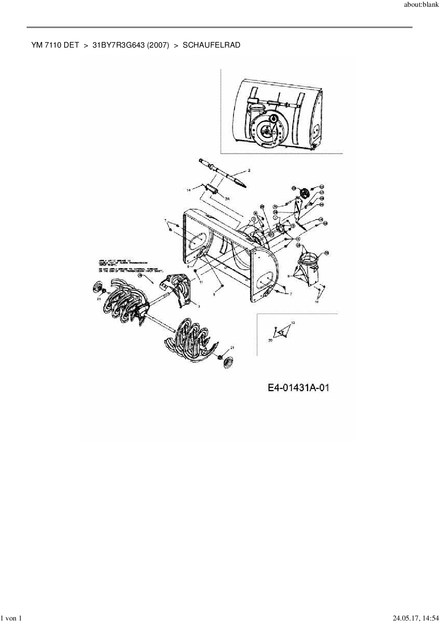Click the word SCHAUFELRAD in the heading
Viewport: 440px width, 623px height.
point(211,45)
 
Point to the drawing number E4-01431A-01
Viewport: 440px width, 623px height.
point(298,388)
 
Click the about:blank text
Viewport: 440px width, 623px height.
point(421,6)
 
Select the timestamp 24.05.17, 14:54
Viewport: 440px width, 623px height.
point(413,618)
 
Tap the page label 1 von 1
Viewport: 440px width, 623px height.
point(12,618)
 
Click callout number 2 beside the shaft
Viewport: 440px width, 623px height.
point(249,170)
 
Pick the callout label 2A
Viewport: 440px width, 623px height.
point(227,199)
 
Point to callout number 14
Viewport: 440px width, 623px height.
point(189,190)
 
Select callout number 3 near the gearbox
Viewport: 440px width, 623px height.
point(198,306)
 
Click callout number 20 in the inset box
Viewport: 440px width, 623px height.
point(270,340)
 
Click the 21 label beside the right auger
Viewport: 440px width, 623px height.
point(232,347)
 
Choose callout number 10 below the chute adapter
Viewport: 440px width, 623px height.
point(316,302)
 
